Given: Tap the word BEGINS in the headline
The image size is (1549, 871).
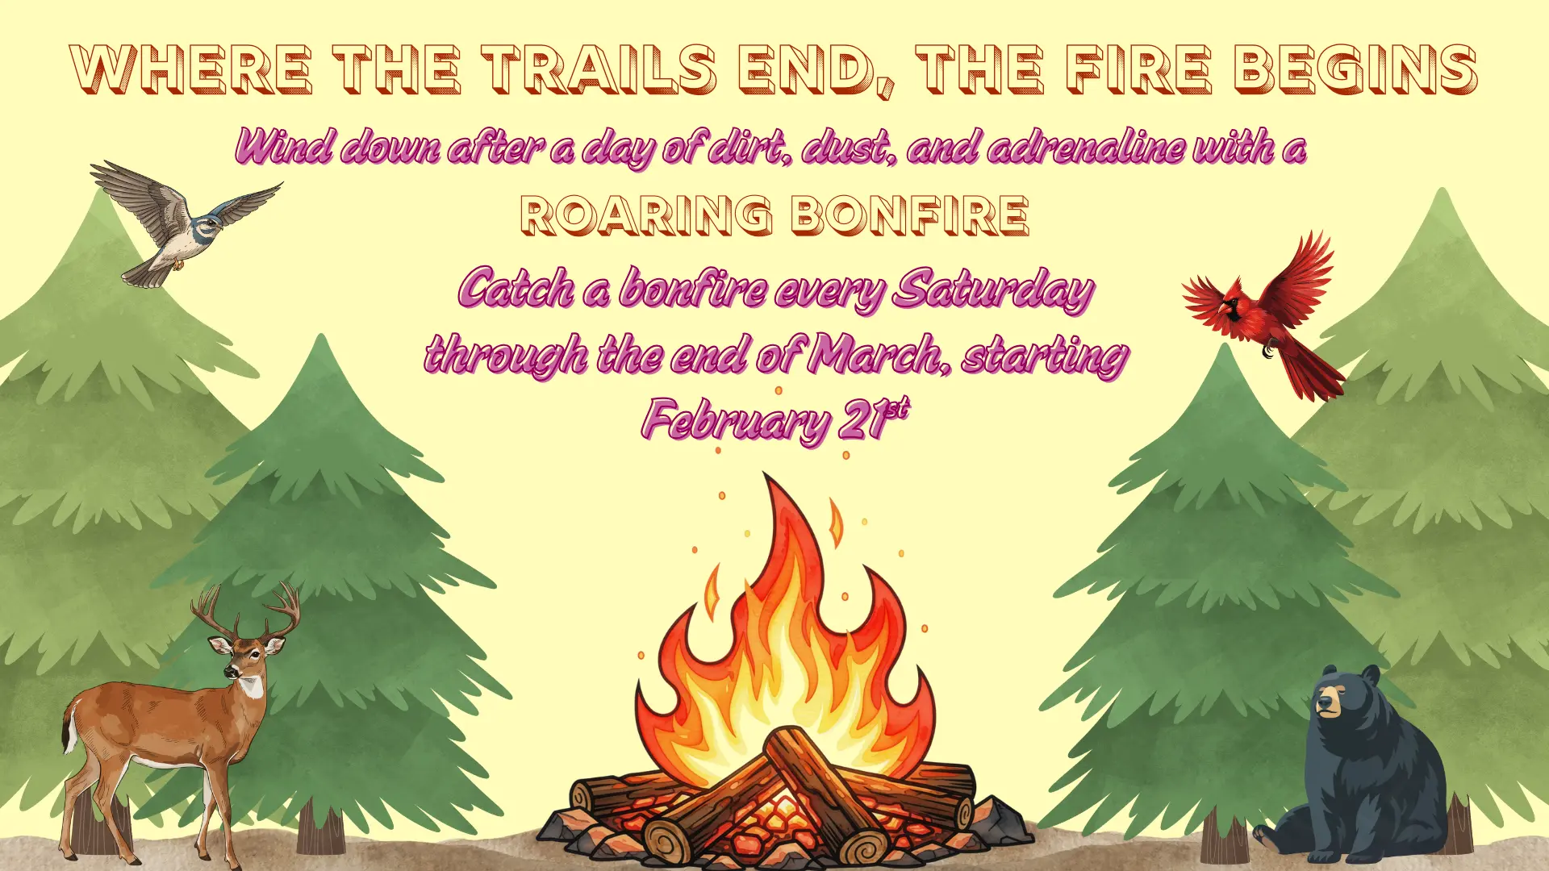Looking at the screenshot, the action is [1356, 69].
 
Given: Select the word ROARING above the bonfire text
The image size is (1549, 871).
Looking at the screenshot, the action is [646, 215].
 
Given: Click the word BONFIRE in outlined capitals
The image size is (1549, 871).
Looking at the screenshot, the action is [909, 215].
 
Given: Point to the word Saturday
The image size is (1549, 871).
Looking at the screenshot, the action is [995, 290].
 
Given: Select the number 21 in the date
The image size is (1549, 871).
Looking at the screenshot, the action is [862, 419].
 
